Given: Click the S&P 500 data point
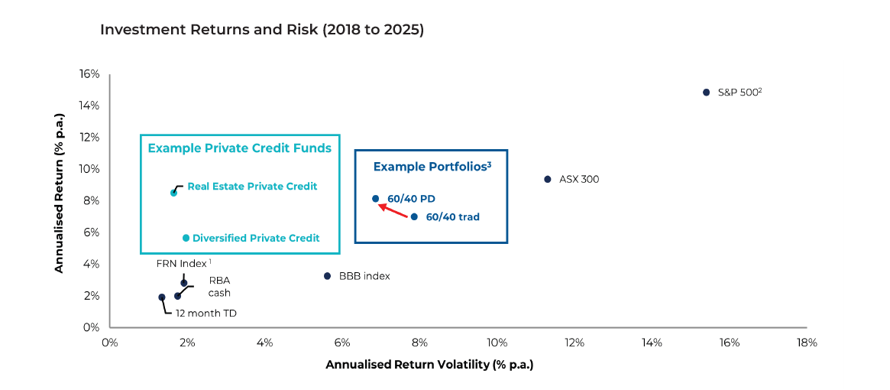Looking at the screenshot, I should [x=707, y=92].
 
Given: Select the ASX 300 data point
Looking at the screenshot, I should [x=547, y=179].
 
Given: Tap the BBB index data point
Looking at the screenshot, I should [x=327, y=276].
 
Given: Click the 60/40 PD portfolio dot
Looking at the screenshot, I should [x=375, y=199].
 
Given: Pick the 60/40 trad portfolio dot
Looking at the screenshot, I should [x=414, y=216].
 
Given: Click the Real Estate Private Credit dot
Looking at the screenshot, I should [x=173, y=193].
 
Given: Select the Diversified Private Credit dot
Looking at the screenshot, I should [x=186, y=238].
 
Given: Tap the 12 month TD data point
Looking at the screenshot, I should [x=161, y=297].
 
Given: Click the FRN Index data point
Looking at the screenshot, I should [x=183, y=283].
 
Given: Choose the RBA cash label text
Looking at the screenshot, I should [x=219, y=286].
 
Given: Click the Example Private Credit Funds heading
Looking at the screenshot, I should [x=239, y=148].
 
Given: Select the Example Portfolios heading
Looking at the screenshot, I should [x=431, y=166].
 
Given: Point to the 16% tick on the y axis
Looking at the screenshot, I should [x=89, y=74].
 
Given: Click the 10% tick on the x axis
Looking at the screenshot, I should [x=497, y=343].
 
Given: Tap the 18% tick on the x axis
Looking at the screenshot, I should [x=806, y=343].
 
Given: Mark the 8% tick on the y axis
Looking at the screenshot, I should [x=91, y=200].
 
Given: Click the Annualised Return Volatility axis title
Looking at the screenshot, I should [x=429, y=365].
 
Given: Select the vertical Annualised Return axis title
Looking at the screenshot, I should [x=59, y=200].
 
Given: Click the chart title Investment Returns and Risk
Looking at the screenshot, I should [x=262, y=31].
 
